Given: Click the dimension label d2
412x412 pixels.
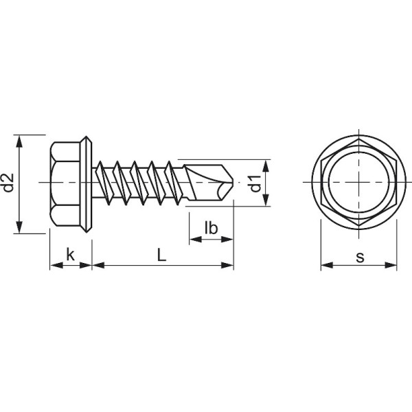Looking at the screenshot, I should [9, 183].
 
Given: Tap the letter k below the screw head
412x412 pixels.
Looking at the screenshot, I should [70, 255].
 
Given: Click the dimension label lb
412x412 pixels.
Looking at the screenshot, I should [211, 228].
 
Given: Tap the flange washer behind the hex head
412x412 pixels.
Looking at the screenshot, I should [87, 183].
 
